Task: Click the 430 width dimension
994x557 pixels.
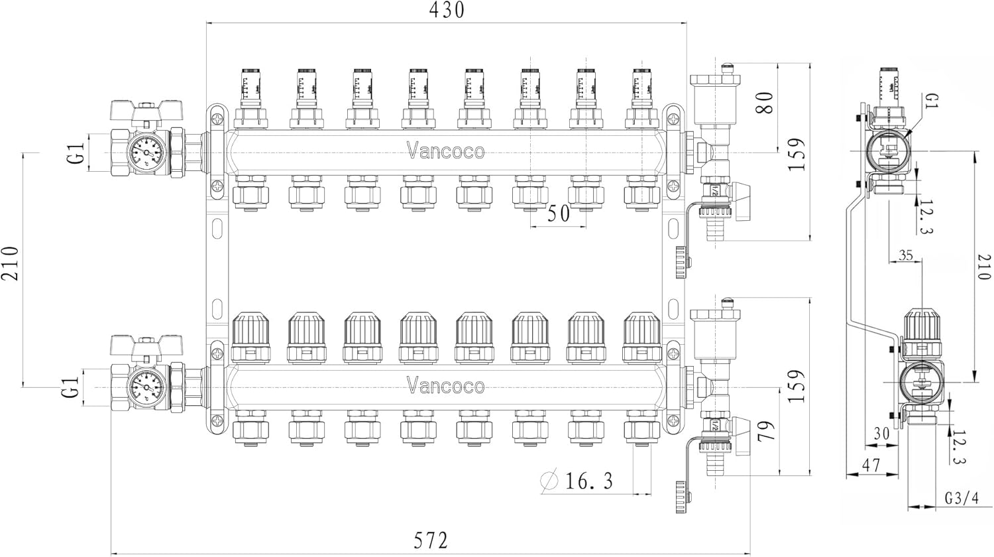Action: [447, 11]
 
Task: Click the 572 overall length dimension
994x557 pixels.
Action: [431, 540]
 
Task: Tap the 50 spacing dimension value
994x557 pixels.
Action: [559, 214]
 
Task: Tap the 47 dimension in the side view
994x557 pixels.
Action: [871, 465]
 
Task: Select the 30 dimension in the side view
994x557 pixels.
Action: [881, 434]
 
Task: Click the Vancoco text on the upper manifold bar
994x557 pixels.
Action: [445, 152]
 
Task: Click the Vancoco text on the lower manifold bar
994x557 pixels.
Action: [445, 386]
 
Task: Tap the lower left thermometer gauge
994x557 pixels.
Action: [146, 386]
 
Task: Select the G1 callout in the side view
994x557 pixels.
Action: [932, 103]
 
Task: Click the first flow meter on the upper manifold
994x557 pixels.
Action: [250, 87]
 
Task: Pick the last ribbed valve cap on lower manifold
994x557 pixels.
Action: [641, 329]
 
